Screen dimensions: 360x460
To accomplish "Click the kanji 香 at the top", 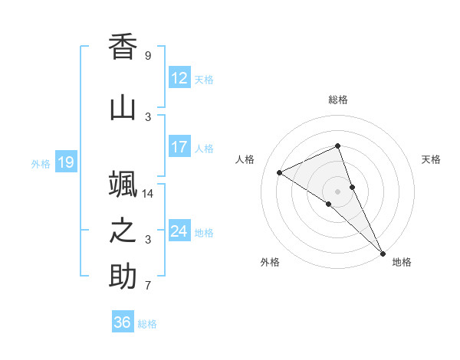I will pos(123,48).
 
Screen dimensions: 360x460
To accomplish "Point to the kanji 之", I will pos(123,231).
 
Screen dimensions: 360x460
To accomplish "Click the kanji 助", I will pos(123,277).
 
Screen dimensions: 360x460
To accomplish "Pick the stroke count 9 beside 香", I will pos(147,56).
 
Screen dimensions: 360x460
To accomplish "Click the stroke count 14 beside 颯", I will pos(149,194).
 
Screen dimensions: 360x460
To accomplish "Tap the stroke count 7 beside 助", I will pos(147,286).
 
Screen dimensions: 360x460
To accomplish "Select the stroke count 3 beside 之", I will pos(147,240).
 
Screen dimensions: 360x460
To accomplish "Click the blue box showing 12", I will pos(179,78).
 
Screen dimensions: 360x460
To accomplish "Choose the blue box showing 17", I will pos(179,147).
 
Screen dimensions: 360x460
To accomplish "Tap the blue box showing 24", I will pos(179,231).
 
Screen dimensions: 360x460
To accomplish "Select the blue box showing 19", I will pos(65,162).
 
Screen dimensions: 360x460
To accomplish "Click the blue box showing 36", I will pos(122,322).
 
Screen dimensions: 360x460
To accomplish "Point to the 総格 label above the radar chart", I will pos(338,100).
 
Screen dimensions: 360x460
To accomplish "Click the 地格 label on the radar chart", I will pos(402,262).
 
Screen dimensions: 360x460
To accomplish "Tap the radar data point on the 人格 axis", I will pos(280,172).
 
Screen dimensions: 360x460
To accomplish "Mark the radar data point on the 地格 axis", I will pos(383,252).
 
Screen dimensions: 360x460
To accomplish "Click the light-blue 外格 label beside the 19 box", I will pos(40,163).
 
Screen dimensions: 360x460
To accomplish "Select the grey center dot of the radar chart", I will pos(338,191).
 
